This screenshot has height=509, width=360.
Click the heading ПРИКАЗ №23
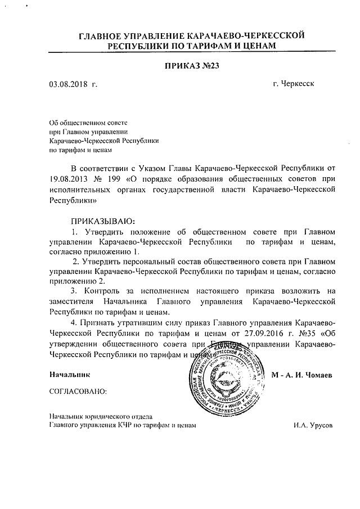(x=190, y=66)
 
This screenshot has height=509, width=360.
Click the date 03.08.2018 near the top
(x=69, y=84)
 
